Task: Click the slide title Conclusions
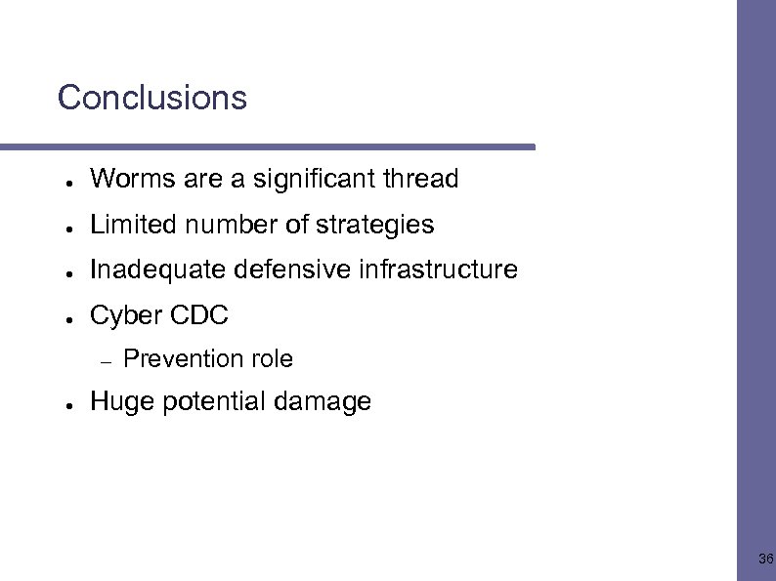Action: tap(152, 98)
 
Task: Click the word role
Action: tap(272, 359)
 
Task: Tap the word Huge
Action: tap(118, 401)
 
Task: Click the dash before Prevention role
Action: tap(107, 361)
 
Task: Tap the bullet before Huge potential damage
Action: tap(61, 403)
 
